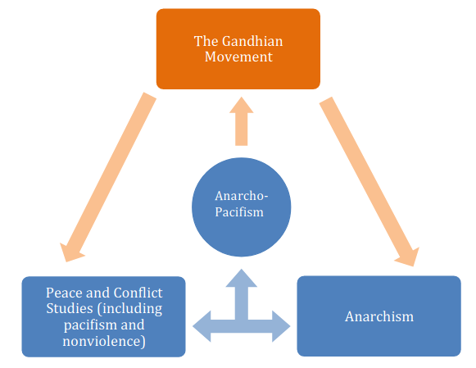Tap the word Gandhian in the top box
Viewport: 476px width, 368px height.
pos(248,40)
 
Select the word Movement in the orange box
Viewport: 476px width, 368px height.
pos(238,57)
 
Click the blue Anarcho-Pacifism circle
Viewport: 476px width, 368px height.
pos(241,204)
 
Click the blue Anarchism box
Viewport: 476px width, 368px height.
pos(379,316)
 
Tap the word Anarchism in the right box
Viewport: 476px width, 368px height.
pos(379,316)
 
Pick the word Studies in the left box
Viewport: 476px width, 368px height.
pos(70,308)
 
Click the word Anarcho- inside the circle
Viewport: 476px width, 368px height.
pos(241,197)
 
